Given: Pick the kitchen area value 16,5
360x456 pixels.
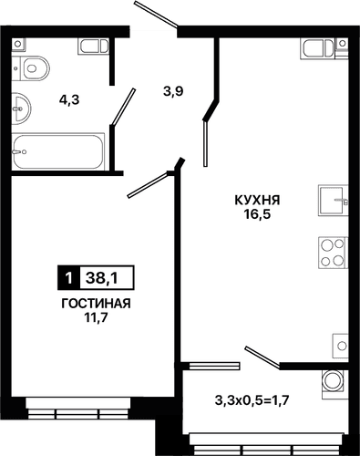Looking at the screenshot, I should click(255, 216).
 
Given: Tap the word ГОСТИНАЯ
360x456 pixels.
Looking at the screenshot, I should click(95, 303).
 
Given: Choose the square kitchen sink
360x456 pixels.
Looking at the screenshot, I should click(332, 198).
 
